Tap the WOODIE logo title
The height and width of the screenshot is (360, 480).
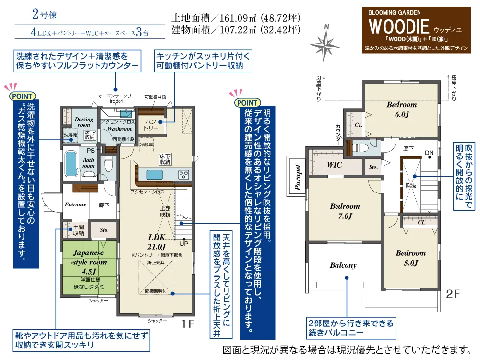click(x=399, y=26)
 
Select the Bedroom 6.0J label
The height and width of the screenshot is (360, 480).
click(x=402, y=109)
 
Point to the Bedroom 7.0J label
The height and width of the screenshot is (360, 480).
click(x=345, y=211)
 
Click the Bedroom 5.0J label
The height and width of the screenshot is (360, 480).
click(x=410, y=258)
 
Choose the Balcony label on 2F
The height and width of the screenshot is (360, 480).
click(x=343, y=265)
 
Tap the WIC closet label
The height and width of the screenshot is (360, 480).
click(x=334, y=165)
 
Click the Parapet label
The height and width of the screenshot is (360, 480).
click(x=298, y=177)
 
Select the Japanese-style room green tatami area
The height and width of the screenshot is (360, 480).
click(x=89, y=267)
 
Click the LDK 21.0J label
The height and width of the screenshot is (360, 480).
click(x=156, y=241)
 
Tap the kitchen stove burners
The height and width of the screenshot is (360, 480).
click(x=183, y=175)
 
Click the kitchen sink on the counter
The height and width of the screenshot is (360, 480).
click(x=155, y=175)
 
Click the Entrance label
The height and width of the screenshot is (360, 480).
click(x=76, y=204)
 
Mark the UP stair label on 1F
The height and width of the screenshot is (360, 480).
click(x=184, y=244)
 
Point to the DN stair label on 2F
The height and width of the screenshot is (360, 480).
click(x=429, y=153)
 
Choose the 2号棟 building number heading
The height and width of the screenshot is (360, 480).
click(x=44, y=14)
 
